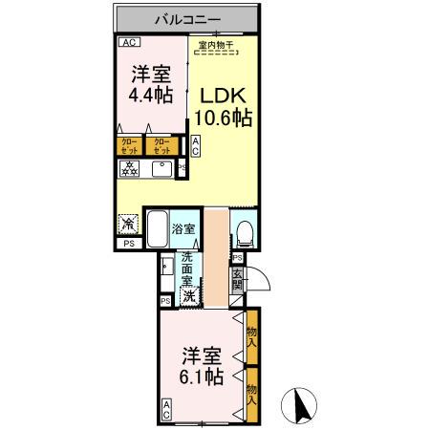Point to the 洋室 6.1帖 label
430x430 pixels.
pyautogui.click(x=202, y=366)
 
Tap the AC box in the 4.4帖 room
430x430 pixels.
pyautogui.click(x=127, y=43)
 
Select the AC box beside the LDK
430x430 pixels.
pyautogui.click(x=196, y=146)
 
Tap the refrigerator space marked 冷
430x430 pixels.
pyautogui.click(x=128, y=225)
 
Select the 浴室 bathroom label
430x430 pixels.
pyautogui.click(x=183, y=229)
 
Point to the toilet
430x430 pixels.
pyautogui.click(x=244, y=231)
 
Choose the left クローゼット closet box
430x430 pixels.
pyautogui.click(x=127, y=146)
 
